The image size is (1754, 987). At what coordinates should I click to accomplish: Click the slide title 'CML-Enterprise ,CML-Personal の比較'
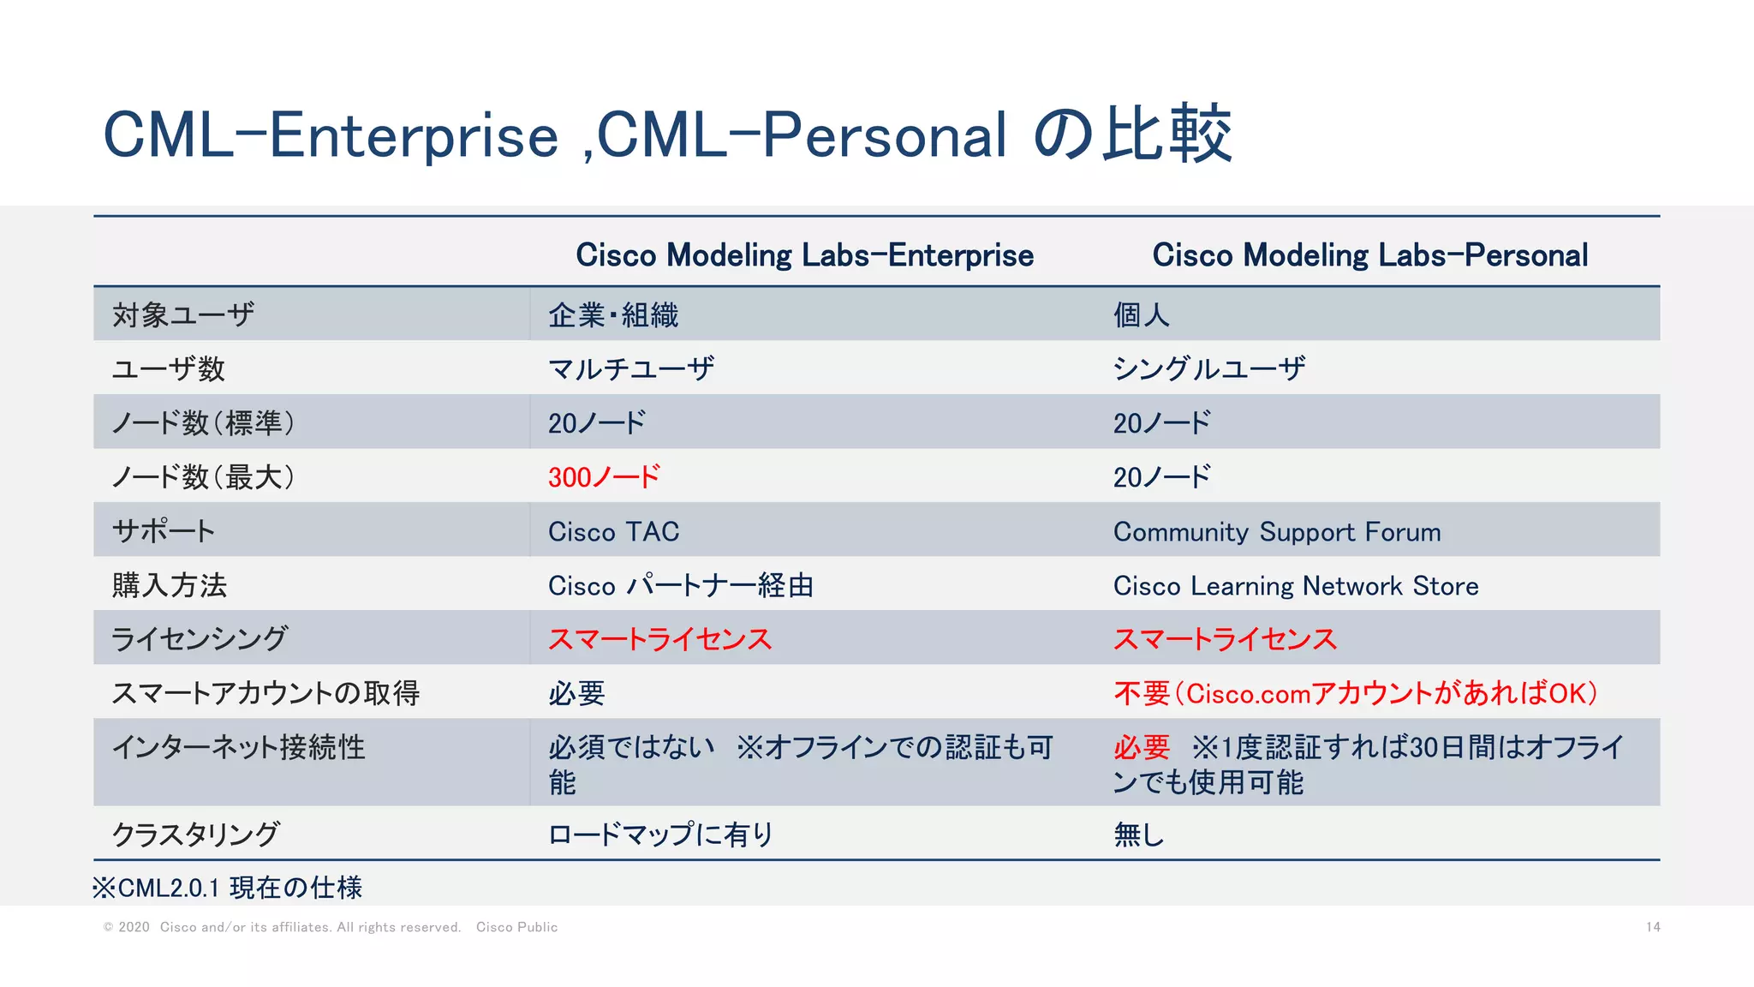[666, 135]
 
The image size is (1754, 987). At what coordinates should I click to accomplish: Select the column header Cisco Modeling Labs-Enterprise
[804, 255]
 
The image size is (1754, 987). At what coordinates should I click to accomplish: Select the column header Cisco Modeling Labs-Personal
[1369, 255]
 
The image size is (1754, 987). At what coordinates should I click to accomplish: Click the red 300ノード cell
[604, 476]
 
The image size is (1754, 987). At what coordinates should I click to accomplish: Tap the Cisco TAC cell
[613, 531]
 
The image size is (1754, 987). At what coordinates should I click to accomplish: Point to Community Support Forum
[1276, 531]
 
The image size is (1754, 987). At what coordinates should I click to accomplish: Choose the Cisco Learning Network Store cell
[1295, 585]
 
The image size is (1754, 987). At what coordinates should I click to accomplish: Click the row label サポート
[163, 531]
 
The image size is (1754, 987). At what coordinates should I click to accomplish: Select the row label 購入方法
[170, 585]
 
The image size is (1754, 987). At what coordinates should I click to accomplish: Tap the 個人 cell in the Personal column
[1141, 315]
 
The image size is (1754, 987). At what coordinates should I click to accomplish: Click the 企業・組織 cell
[613, 315]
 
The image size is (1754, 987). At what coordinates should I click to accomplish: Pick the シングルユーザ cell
[1208, 369]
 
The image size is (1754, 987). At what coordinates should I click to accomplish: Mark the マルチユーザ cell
[631, 369]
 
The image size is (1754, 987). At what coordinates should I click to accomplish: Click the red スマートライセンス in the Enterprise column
[659, 639]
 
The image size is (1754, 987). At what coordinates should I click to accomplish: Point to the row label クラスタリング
[195, 834]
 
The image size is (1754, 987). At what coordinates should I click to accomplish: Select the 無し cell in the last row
[1138, 834]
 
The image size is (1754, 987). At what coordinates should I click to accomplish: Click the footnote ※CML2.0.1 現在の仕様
[227, 888]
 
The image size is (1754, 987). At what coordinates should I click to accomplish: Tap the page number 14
[1652, 927]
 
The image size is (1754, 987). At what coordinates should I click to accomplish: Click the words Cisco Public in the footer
[516, 927]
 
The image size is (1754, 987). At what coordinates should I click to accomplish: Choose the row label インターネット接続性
[238, 747]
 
